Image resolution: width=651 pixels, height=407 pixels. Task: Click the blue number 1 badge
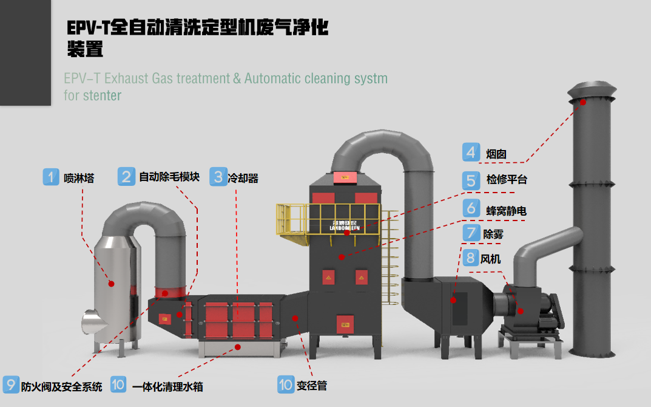click(52, 177)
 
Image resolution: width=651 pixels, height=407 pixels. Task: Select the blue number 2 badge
click(126, 176)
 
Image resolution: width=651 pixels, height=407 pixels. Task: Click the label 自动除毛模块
click(169, 177)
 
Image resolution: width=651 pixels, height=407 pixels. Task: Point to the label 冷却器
click(243, 178)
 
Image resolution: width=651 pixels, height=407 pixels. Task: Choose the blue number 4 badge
click(471, 151)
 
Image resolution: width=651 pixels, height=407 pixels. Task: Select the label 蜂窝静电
click(506, 210)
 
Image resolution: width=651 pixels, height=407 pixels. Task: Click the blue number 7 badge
click(471, 233)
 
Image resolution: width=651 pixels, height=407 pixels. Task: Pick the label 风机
click(491, 259)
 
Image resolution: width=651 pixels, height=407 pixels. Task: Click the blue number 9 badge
click(10, 385)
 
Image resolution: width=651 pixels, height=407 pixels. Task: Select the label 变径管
click(312, 385)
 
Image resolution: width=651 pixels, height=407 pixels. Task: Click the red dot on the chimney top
click(583, 102)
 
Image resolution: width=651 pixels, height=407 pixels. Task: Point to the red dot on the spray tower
click(111, 283)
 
